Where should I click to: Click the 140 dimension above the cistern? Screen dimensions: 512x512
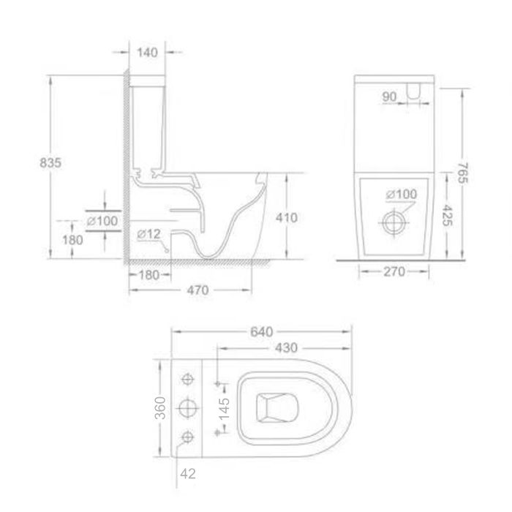[147, 52]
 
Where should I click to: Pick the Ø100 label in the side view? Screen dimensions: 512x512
[102, 220]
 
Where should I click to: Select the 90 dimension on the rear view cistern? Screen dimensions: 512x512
[388, 95]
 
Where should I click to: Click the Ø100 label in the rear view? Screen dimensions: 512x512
[402, 194]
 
